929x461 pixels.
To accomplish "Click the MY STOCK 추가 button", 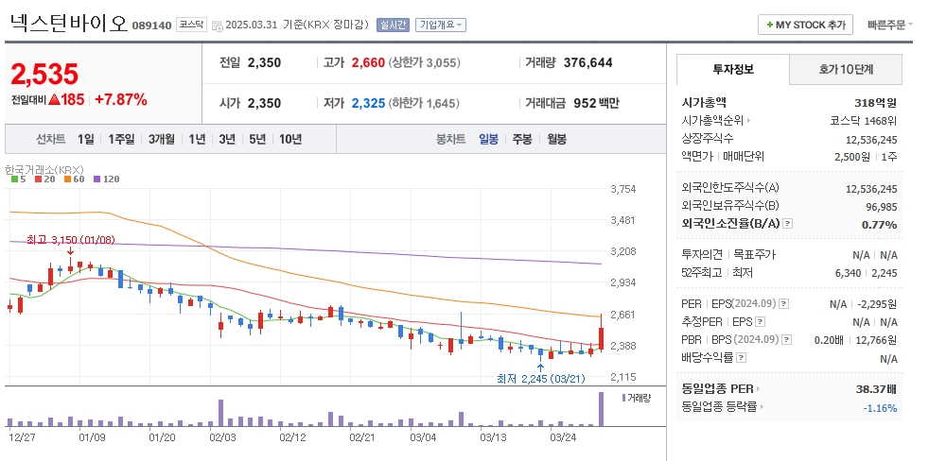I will point(805,25).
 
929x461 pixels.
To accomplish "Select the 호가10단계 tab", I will point(846,69).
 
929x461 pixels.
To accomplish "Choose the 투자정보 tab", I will point(733,69).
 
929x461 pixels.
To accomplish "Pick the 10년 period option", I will point(289,139).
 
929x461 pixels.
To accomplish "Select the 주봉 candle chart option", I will point(522,139).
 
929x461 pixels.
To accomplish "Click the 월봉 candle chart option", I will point(556,139).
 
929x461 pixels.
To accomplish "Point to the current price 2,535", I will point(44,74).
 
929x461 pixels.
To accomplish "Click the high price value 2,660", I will point(368,62).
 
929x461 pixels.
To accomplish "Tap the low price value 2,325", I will point(368,103).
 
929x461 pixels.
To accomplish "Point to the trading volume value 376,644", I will point(587,62).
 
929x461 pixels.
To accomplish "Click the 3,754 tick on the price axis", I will point(622,189).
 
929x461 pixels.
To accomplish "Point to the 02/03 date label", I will point(222,437).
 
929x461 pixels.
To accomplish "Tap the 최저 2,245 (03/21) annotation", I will point(540,378).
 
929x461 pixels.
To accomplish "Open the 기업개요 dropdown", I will point(441,25).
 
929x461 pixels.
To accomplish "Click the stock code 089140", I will point(151,26).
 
